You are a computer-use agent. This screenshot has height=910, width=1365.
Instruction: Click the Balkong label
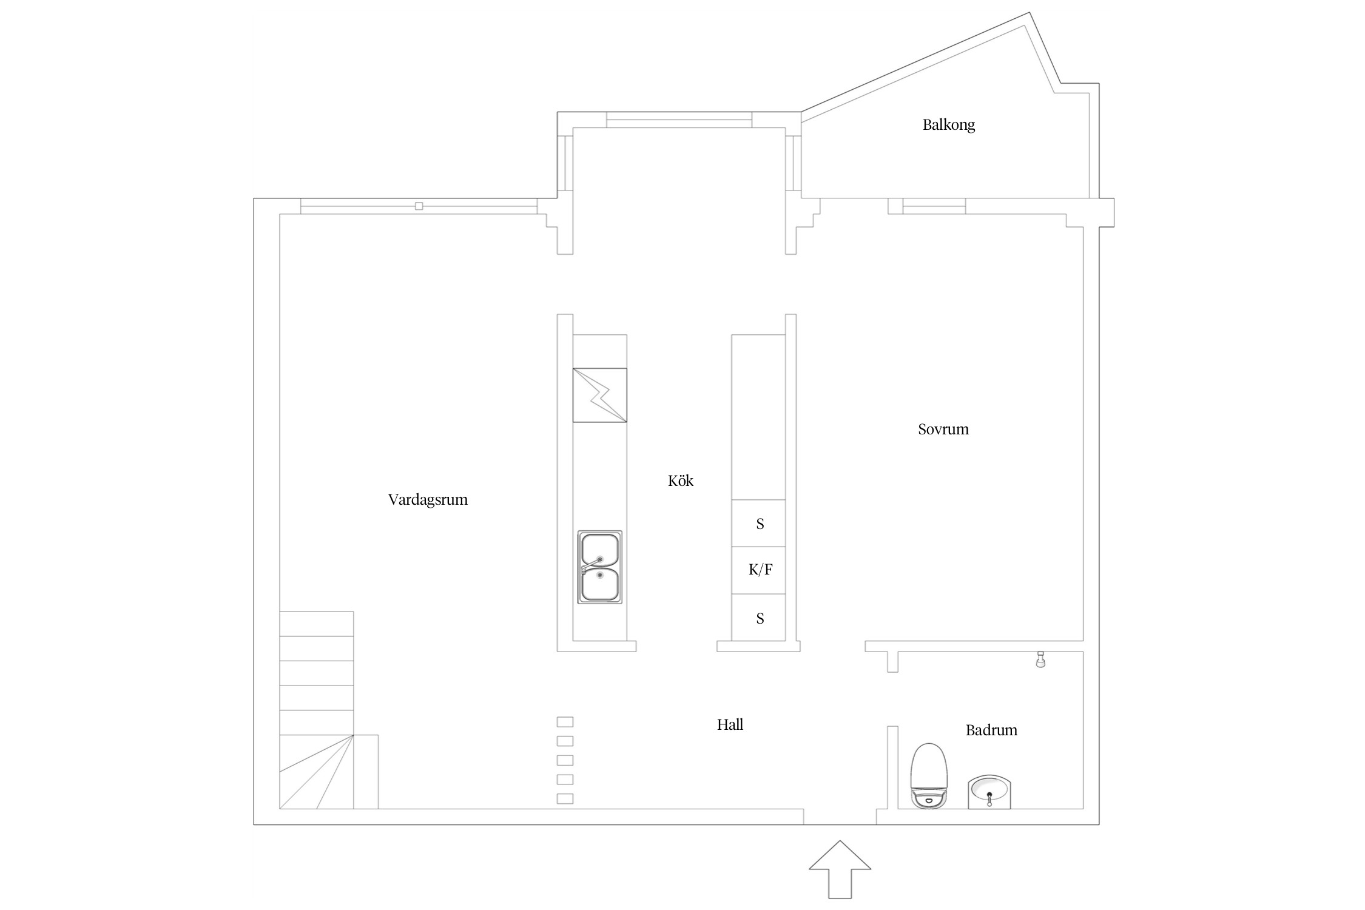coord(949,125)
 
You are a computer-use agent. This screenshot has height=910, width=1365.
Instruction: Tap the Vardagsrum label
coord(428,500)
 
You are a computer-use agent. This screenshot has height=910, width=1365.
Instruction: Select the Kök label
coord(680,481)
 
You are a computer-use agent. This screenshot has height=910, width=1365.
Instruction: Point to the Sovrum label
coord(943,430)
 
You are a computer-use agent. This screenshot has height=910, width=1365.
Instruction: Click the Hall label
coord(730,724)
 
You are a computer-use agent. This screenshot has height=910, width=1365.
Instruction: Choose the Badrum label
coord(991,730)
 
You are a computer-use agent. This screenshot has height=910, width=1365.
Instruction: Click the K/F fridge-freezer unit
coord(758,570)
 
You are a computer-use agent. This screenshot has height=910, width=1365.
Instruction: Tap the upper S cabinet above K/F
coord(758,523)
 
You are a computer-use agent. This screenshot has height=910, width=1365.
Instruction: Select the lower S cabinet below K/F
coord(758,617)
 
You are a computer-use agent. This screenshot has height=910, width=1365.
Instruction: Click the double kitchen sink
coord(599,567)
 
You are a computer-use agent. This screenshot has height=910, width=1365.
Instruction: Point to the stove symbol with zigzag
coord(599,395)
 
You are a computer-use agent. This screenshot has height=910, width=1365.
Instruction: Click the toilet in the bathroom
coord(929,776)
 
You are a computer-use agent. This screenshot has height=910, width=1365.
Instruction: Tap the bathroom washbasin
coord(989,792)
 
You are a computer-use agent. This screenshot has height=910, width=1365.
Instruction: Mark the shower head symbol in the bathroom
coord(1040,659)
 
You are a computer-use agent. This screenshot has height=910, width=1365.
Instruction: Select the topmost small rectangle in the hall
coord(565,722)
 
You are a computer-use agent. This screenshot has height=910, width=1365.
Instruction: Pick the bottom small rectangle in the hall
coord(565,799)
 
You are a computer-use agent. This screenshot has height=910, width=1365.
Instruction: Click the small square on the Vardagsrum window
coord(419,206)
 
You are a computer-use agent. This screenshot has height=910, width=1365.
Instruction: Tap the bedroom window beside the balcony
coord(934,206)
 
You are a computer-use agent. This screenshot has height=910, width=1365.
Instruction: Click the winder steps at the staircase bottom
coord(328,772)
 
